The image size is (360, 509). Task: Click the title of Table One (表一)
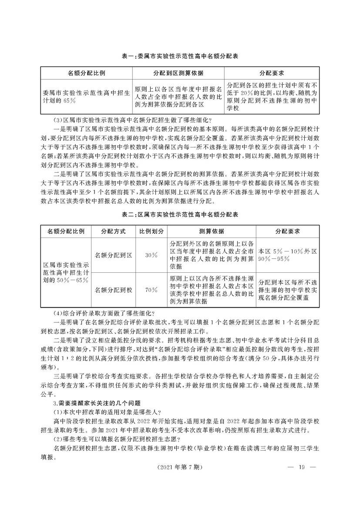[x=180, y=56]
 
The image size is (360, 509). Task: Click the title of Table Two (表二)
[x=180, y=215]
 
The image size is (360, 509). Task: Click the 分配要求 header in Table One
[x=272, y=72]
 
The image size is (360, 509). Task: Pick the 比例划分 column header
[x=151, y=231]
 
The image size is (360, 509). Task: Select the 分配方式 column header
[x=113, y=231]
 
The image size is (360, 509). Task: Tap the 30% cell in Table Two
[x=151, y=255]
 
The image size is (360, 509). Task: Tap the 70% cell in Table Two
[x=151, y=289]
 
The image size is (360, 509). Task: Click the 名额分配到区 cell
[x=113, y=255]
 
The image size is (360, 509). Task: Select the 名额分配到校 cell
[x=113, y=289]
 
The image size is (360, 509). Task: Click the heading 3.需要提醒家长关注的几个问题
[x=102, y=403]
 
